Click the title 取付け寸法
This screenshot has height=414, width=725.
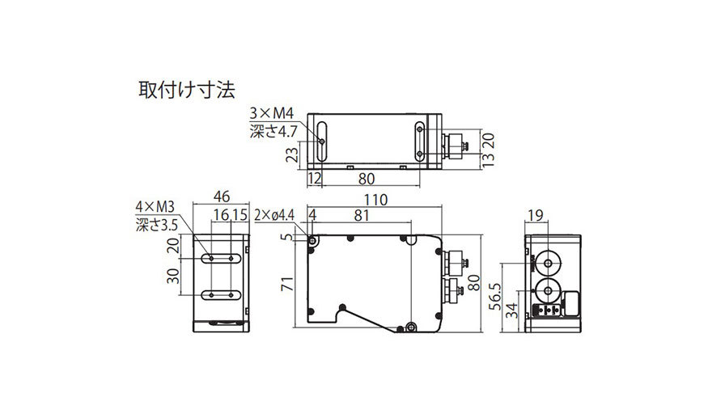(x=187, y=90)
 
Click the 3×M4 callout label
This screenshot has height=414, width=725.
(x=272, y=113)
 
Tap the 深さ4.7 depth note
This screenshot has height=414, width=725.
(x=273, y=131)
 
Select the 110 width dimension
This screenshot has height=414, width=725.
(x=375, y=200)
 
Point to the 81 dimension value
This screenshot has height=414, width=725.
(x=362, y=215)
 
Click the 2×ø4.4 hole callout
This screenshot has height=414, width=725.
(x=274, y=215)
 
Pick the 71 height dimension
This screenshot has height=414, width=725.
(x=287, y=284)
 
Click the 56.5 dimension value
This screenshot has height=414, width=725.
(x=494, y=297)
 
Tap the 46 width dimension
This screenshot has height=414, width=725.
(x=222, y=196)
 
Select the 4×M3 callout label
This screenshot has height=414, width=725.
(x=155, y=206)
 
